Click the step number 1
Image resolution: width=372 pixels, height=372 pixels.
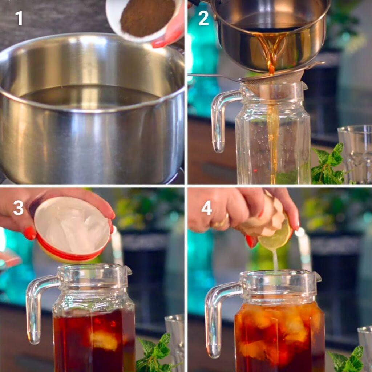pyautogui.click(x=19, y=18)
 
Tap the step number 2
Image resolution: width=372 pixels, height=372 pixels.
pyautogui.click(x=203, y=18)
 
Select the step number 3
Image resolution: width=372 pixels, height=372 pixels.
pyautogui.click(x=18, y=208)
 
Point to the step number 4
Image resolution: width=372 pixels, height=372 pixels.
pyautogui.click(x=206, y=208)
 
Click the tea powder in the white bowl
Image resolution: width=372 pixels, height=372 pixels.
pyautogui.click(x=147, y=16)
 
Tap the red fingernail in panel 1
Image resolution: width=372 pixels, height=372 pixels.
pyautogui.click(x=159, y=44)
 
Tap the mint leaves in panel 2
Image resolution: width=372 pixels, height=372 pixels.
pyautogui.click(x=329, y=165)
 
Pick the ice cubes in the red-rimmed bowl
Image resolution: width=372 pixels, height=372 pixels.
pyautogui.click(x=73, y=227)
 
